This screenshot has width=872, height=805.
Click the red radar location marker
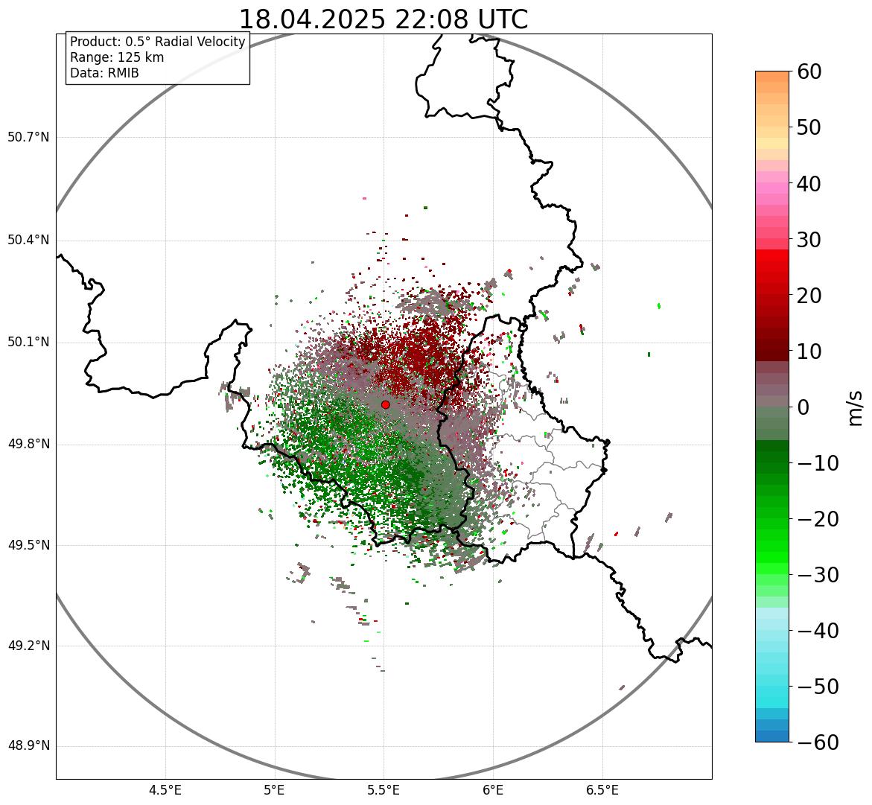click(385, 404)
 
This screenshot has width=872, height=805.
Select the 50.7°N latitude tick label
click(28, 138)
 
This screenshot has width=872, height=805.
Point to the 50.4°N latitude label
click(28, 241)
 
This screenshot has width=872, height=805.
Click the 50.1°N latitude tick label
click(28, 343)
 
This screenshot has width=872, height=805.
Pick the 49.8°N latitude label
click(28, 445)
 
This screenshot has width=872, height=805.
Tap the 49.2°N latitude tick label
click(28, 646)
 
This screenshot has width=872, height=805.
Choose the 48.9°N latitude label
click(28, 746)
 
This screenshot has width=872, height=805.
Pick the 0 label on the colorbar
click(803, 407)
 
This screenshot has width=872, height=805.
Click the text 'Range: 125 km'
click(117, 57)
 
